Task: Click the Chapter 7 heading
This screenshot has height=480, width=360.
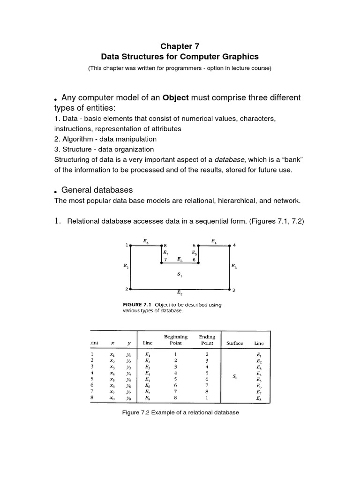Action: pos(180,46)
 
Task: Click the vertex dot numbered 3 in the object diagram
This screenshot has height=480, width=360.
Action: pos(229,290)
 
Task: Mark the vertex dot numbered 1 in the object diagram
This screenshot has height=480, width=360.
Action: pos(130,245)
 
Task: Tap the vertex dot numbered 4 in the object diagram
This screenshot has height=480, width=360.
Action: pos(229,245)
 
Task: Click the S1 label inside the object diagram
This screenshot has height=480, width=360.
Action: pos(180,275)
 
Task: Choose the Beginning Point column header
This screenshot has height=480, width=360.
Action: pos(176,340)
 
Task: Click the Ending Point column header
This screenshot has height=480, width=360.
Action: pos(207,340)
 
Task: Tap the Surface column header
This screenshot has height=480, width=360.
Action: pos(235,343)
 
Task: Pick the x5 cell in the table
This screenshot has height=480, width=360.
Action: pos(112,379)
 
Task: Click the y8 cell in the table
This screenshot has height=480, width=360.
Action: pos(128,398)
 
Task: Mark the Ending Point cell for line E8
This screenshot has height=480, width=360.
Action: pos(207,398)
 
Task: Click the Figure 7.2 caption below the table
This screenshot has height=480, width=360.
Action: pos(180,412)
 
